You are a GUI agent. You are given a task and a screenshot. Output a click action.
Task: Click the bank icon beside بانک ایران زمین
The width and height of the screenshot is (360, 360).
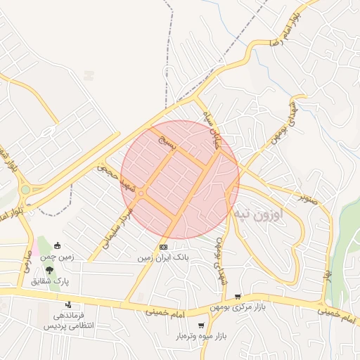[x=163, y=247]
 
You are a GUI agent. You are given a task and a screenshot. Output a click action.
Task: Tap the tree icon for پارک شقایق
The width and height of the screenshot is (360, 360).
[x=49, y=271]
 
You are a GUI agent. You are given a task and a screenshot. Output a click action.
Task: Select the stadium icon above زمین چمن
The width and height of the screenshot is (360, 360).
[x=57, y=246]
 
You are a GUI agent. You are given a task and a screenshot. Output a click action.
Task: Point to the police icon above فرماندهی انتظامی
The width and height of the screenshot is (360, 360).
[x=69, y=304]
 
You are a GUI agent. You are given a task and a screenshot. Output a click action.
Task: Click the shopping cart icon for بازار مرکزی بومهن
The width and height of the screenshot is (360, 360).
[x=238, y=297]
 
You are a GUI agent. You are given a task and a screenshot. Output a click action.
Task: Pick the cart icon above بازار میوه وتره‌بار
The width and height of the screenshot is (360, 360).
[x=202, y=325]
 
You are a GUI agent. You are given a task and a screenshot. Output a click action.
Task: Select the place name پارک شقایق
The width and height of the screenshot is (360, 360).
[x=46, y=281]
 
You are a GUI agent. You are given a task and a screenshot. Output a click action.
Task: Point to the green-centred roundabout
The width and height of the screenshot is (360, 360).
[x=25, y=189]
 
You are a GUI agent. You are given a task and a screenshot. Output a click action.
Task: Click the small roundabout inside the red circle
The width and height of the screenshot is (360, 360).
[x=141, y=193]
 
